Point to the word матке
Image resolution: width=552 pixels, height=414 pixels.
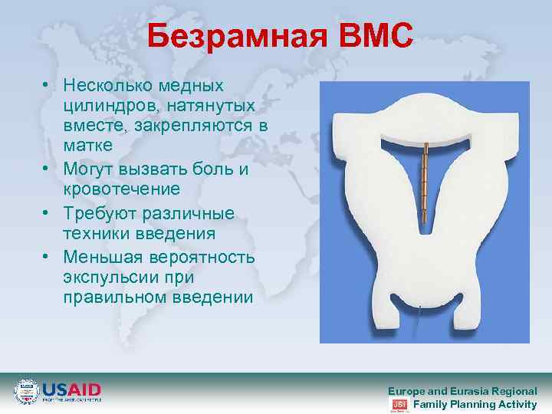[x=87, y=145]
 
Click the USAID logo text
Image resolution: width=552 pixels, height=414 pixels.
[x=71, y=389]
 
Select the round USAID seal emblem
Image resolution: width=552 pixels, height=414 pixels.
[x=25, y=392]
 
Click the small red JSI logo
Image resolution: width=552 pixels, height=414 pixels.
[x=399, y=404]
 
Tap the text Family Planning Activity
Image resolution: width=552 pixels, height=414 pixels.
[x=475, y=404]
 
